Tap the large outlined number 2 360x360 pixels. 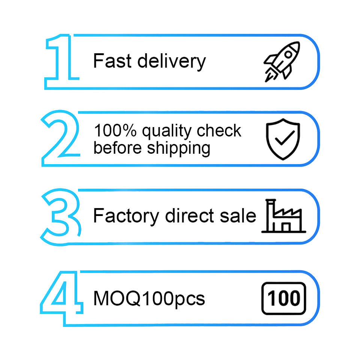pyautogui.click(x=60, y=138)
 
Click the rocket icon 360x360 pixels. pyautogui.click(x=282, y=61)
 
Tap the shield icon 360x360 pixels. pyautogui.click(x=283, y=139)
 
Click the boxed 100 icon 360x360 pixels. pyautogui.click(x=283, y=298)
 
